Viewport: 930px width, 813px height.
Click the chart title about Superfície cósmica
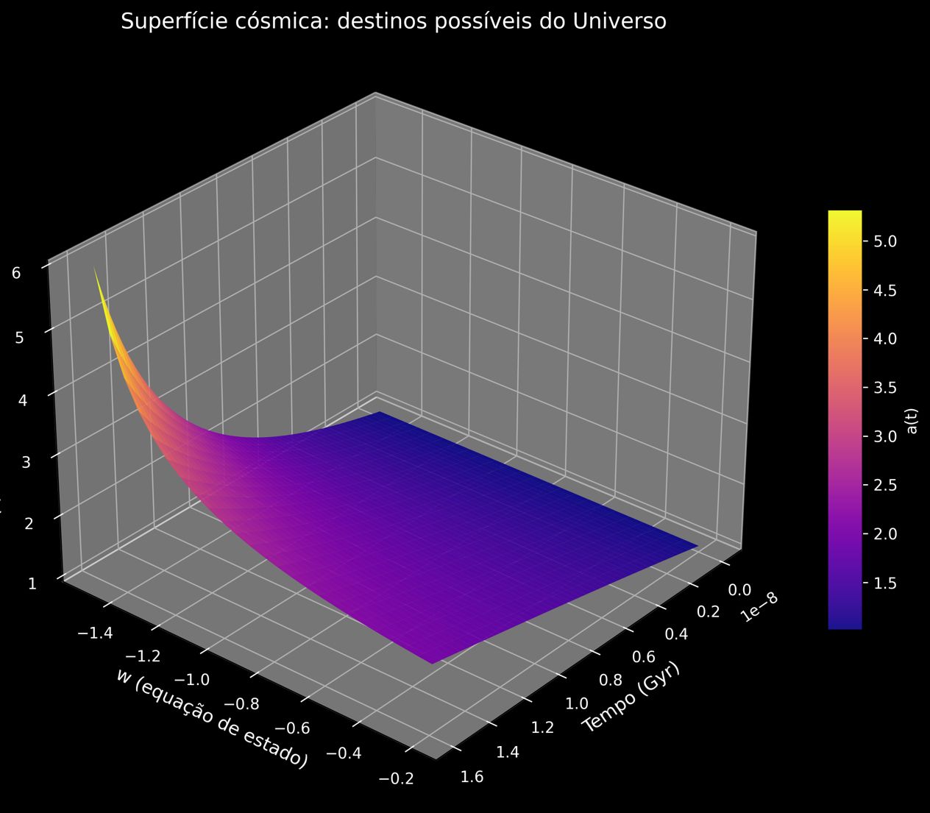coord(394,22)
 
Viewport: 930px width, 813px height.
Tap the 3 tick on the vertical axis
coord(26,462)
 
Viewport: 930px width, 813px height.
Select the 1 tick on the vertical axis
coord(32,583)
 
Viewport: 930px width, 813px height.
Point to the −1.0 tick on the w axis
coord(192,679)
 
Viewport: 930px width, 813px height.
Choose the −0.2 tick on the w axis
coord(394,778)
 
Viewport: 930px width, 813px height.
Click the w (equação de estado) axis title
coord(211,718)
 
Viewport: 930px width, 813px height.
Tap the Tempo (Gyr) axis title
coord(631,696)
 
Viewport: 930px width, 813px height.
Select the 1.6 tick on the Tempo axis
coord(472,777)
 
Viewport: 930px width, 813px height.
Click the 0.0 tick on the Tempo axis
coord(739,589)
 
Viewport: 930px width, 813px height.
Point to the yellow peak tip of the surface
coord(94,269)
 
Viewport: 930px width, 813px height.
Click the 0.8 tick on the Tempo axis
coord(611,681)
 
